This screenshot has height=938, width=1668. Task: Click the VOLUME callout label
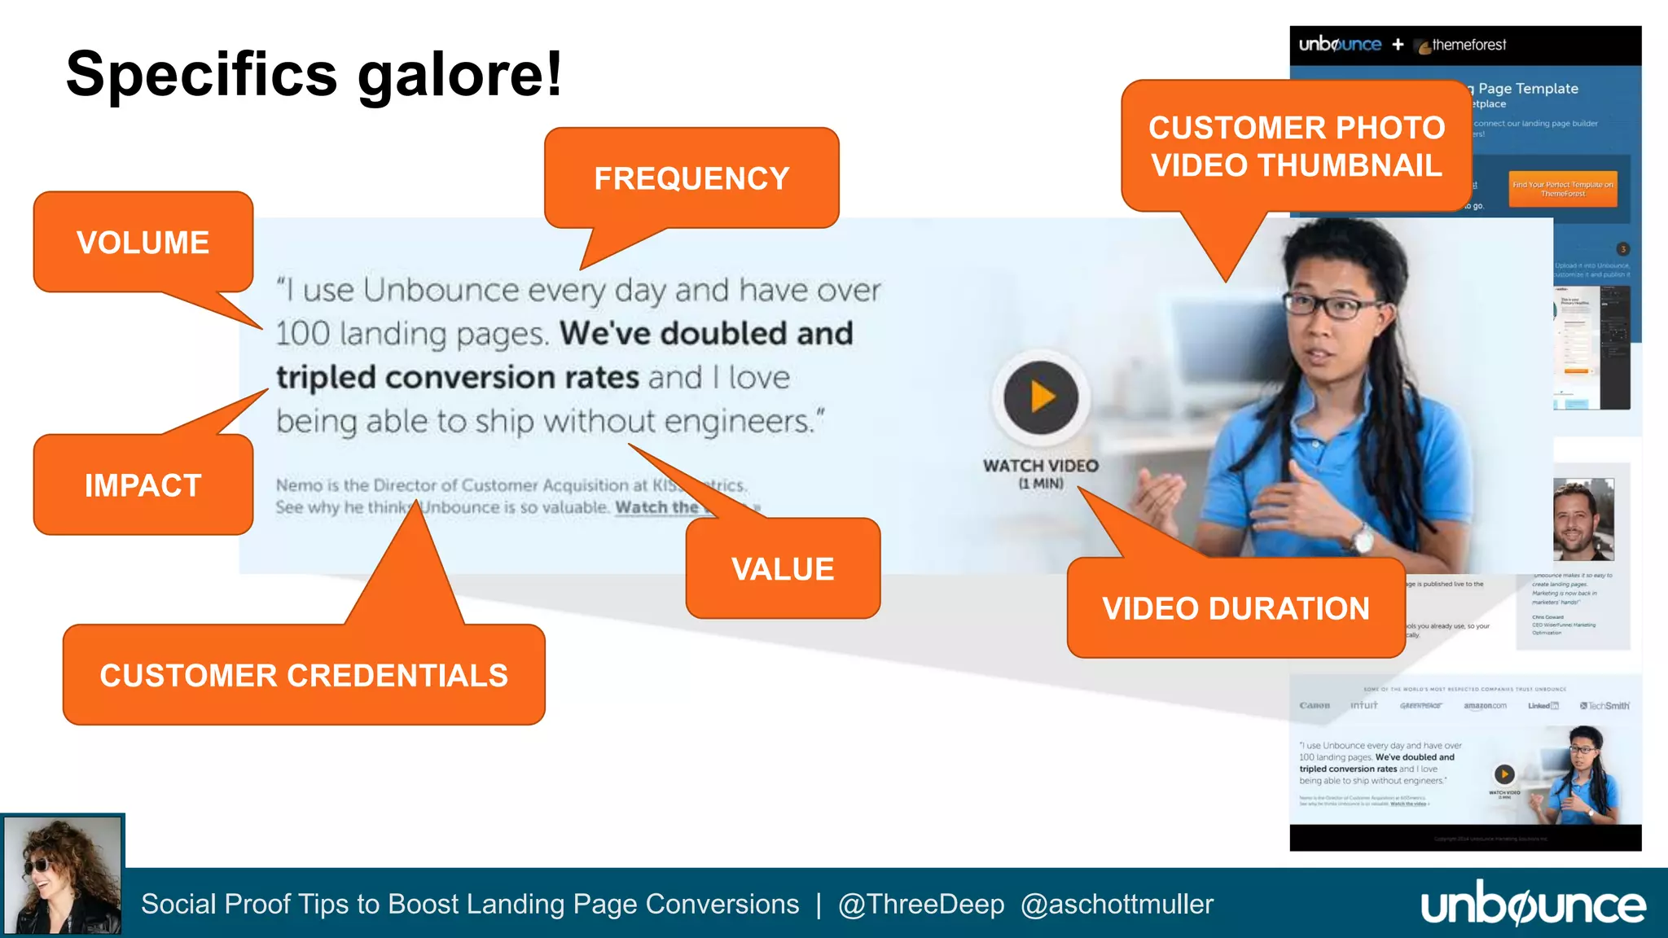coord(143,243)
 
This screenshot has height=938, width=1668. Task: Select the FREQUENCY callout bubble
coord(691,178)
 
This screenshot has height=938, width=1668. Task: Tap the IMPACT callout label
coord(143,485)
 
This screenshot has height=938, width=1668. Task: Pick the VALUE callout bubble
coord(783,569)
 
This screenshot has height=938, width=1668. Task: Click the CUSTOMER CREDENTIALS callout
coord(304,675)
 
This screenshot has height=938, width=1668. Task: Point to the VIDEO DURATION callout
coord(1236,608)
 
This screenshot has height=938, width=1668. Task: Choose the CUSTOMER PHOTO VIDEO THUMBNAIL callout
coord(1297,147)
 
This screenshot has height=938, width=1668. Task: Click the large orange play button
coord(1041,397)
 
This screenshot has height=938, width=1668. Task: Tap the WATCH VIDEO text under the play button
coord(1040,467)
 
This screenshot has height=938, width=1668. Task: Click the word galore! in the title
coord(460,75)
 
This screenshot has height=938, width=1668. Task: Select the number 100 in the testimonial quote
coord(302,334)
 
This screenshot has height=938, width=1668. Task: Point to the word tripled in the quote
coord(326,378)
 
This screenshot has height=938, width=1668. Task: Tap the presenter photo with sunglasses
coord(63,875)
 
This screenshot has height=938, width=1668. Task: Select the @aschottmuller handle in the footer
coord(1117,905)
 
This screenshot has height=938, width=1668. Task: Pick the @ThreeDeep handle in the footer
coord(921,905)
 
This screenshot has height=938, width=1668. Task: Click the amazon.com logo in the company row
coord(1485,706)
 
